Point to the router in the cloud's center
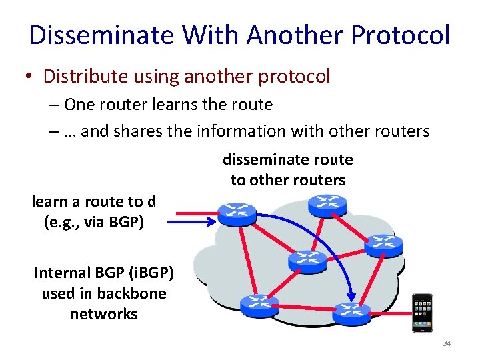click(x=307, y=260)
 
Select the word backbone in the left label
click(x=131, y=293)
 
